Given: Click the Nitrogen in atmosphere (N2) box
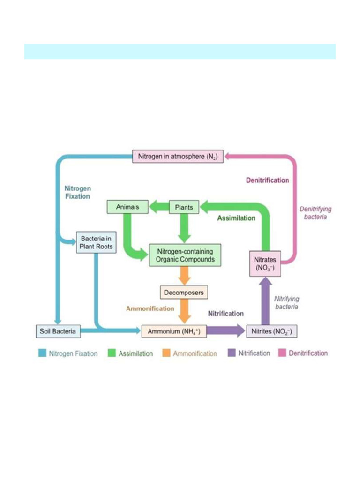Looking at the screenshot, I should point(179,156).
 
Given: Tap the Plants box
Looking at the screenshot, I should point(184,206).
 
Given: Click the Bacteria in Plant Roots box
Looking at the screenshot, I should point(96,242).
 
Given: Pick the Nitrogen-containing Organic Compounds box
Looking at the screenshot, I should point(184,255).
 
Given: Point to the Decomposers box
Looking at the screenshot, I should point(184,292).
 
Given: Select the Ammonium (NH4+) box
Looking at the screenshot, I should point(174,331).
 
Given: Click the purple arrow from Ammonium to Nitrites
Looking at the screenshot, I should point(225,331).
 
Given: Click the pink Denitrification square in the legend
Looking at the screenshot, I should point(282,353).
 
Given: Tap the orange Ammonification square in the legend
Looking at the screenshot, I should point(166,353).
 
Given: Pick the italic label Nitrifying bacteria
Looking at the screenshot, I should point(286,302).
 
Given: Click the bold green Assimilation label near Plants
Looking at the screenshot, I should point(236,218).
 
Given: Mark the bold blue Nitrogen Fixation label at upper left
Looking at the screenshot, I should point(77,192).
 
